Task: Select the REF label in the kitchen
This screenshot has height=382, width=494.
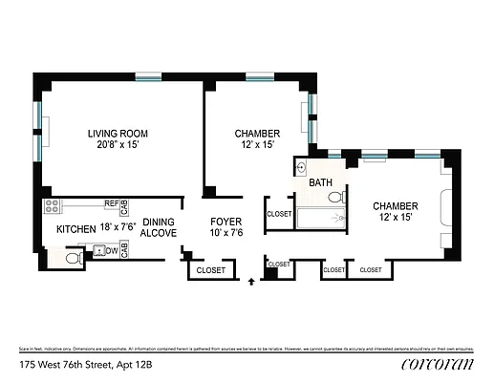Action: tap(111, 203)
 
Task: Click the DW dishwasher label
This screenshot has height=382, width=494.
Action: tap(112, 251)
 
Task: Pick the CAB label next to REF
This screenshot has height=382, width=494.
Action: tap(125, 204)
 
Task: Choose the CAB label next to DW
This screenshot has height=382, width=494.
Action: tap(125, 251)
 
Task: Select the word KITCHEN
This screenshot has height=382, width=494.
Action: tap(76, 229)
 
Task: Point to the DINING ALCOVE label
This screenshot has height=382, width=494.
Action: tap(158, 226)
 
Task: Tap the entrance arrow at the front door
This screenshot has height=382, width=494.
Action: tap(251, 282)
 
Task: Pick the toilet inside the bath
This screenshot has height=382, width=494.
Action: tap(334, 198)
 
